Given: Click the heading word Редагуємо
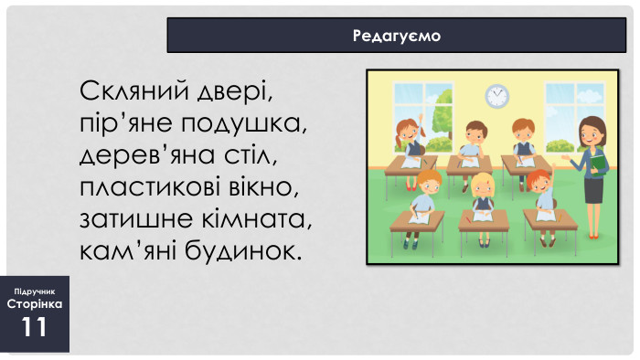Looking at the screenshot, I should [x=396, y=36].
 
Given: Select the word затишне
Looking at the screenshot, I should [x=134, y=218].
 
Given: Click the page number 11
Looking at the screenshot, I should [x=35, y=327].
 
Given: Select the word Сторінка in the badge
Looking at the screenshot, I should [x=35, y=303].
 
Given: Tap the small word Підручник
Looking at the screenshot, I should [x=35, y=290].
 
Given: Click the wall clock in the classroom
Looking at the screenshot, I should [x=496, y=94].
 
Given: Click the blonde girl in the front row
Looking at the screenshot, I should [x=482, y=194].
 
